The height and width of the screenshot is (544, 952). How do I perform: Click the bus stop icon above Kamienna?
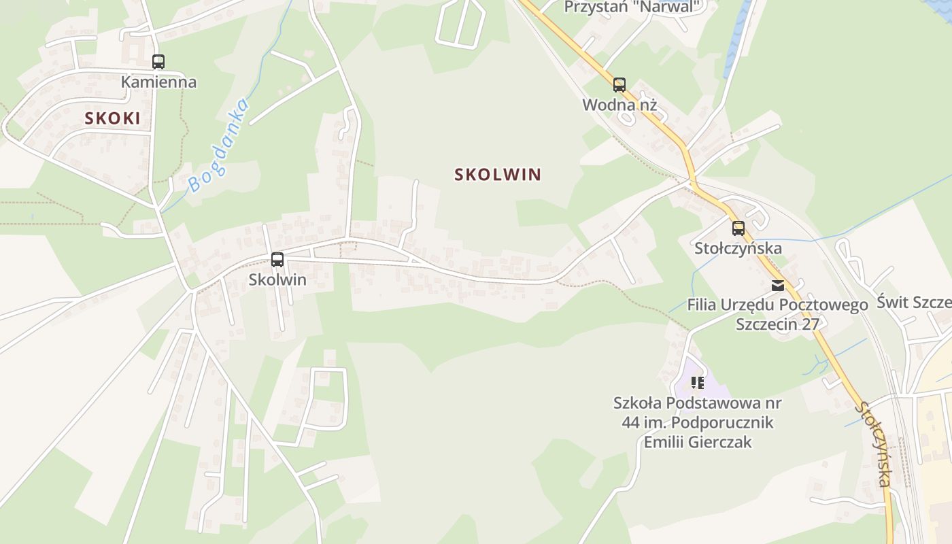pos(158,62)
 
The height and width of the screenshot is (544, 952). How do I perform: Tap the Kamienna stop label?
pos(158,82)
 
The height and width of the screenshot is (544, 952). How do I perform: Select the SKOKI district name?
pos(113,118)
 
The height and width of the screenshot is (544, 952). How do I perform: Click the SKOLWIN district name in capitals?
pos(498,174)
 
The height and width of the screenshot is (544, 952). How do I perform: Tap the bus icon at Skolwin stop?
pos(277,259)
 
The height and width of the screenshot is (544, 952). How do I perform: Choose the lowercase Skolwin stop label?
pos(277,279)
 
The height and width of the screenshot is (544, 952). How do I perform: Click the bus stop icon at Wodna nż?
pos(619,85)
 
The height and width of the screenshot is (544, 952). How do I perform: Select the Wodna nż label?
pos(619,105)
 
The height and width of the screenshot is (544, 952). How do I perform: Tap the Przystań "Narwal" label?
pos(632,7)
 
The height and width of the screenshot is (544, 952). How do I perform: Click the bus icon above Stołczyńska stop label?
pos(738,228)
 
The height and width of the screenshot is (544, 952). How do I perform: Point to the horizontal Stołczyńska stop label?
pos(738,248)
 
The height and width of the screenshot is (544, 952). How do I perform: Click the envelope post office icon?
pos(777,286)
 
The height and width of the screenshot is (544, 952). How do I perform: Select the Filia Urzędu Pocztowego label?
pos(777,305)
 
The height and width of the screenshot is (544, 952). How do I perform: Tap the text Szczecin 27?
pos(777,324)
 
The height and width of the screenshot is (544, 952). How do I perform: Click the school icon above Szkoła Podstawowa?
pos(697,383)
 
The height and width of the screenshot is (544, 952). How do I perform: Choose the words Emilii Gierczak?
pos(698,442)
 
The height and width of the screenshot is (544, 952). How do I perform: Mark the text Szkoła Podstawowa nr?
pos(698,403)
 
